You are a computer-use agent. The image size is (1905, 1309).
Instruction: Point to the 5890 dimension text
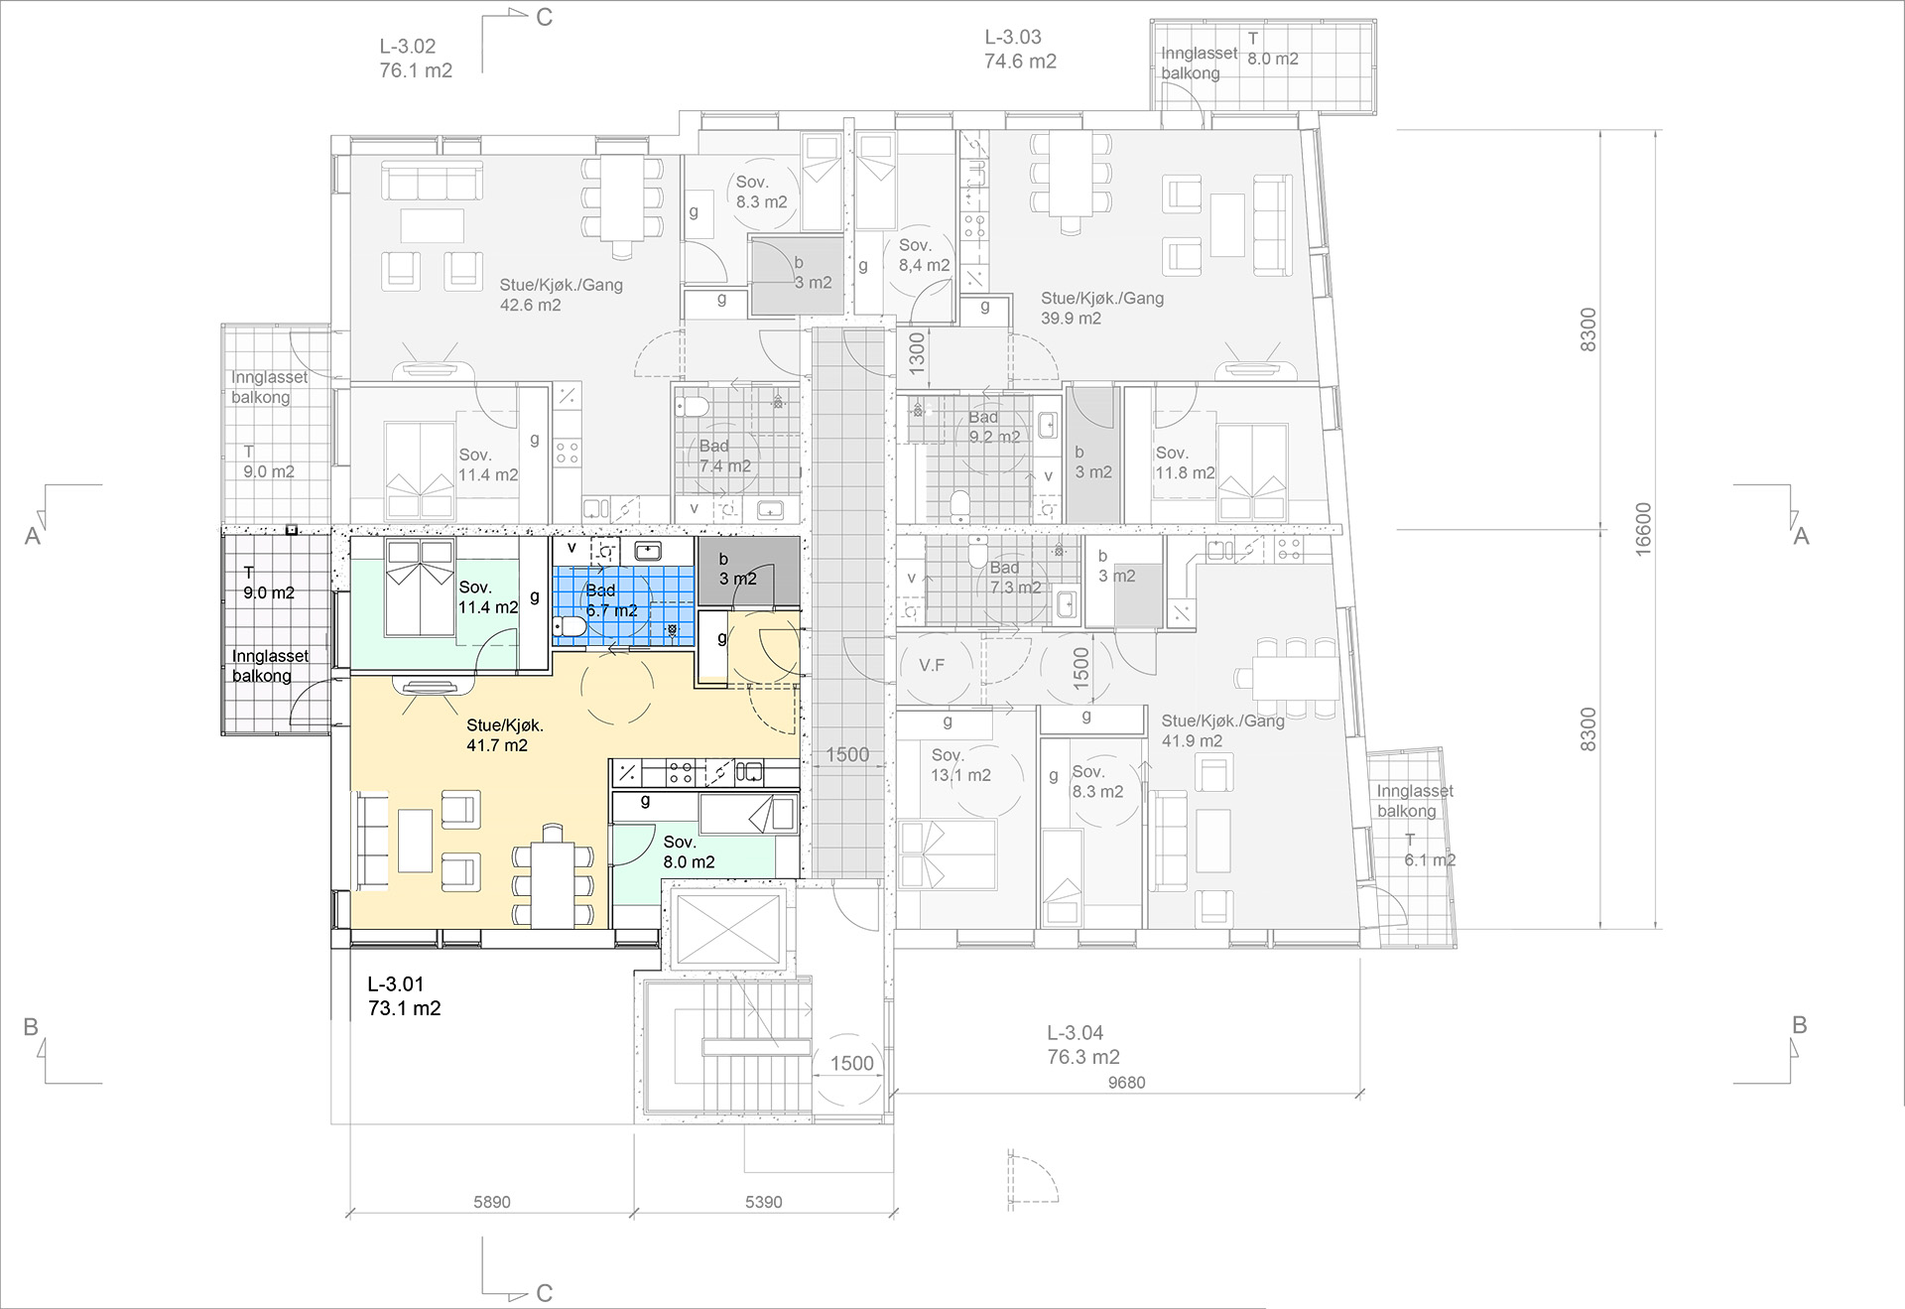click(492, 1202)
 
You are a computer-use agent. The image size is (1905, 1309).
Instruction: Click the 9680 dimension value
click(1126, 1083)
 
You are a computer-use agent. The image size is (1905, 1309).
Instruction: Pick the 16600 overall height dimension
click(1643, 529)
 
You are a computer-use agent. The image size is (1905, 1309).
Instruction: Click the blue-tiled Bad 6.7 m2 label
click(611, 600)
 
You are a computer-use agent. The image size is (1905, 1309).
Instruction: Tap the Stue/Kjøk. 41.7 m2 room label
click(504, 735)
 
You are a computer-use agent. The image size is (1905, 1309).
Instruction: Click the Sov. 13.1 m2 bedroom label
click(960, 765)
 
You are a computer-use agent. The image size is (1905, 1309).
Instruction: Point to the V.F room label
click(932, 665)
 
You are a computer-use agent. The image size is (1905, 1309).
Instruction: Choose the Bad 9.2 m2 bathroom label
click(994, 427)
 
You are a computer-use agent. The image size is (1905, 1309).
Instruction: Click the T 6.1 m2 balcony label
click(1430, 851)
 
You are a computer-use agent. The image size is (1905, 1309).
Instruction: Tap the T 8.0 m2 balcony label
click(1273, 49)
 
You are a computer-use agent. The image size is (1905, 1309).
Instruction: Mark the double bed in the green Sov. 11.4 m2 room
click(421, 588)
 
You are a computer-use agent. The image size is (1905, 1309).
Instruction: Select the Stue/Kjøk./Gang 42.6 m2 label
click(561, 295)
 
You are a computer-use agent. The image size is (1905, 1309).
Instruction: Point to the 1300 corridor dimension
click(916, 352)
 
